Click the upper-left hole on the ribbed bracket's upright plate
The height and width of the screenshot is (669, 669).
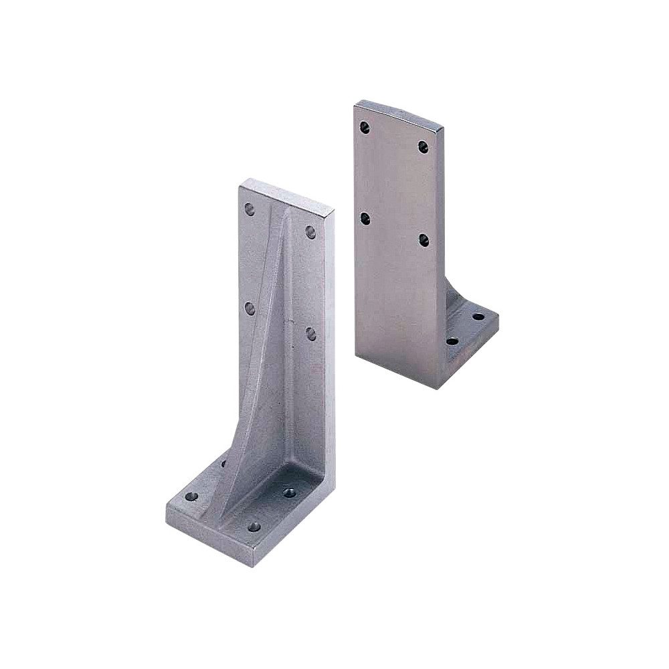pyautogui.click(x=250, y=209)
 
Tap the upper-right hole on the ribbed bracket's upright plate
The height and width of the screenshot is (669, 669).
pyautogui.click(x=310, y=231)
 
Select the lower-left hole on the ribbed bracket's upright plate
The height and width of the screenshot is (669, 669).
pyautogui.click(x=250, y=308)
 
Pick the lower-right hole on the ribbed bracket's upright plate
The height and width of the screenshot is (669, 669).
pyautogui.click(x=310, y=332)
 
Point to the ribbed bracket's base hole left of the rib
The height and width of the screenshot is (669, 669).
pyautogui.click(x=192, y=497)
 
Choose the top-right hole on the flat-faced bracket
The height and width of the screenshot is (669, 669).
pyautogui.click(x=423, y=146)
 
